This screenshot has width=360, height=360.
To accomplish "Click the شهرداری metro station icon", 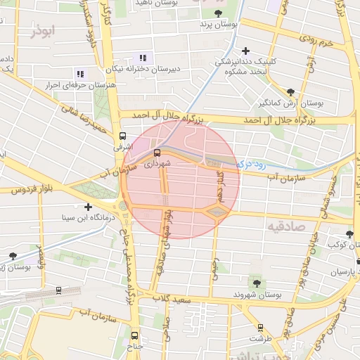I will pyautogui.click(x=156, y=152).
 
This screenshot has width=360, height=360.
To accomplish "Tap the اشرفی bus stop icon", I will pyautogui.click(x=123, y=136).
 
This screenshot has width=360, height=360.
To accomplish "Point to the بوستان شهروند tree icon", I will pyautogui.click(x=256, y=283).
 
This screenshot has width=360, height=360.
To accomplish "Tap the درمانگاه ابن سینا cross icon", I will pyautogui.click(x=88, y=207).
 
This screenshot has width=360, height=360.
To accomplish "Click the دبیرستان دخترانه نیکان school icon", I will pyautogui.click(x=143, y=58).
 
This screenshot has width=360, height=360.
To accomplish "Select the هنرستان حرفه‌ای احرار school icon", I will pyautogui.click(x=79, y=73).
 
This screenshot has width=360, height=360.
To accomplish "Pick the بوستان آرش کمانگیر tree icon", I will pyautogui.click(x=291, y=91).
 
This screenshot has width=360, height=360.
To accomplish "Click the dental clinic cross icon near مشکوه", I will pyautogui.click(x=245, y=51).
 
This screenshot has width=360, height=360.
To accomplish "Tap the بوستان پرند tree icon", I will pyautogui.click(x=218, y=13).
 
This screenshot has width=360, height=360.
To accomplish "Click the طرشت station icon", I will pyautogui.click(x=261, y=327).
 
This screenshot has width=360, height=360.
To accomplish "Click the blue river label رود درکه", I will pyautogui.click(x=251, y=164).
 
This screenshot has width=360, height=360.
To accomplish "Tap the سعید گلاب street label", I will pyautogui.click(x=175, y=300).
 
